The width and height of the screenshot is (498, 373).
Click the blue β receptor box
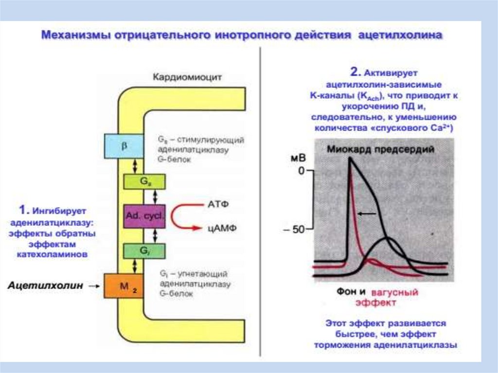[x=124, y=146]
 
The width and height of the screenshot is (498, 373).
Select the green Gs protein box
[x=145, y=180]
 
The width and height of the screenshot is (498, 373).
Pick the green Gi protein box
[x=145, y=251]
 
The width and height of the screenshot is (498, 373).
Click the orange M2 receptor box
[x=124, y=286]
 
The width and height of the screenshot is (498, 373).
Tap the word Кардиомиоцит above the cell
[x=187, y=77]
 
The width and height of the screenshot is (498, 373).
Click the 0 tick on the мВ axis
[x=301, y=171]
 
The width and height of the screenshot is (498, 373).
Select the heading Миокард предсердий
[x=381, y=150]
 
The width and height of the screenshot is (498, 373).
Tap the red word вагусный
[x=394, y=293]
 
